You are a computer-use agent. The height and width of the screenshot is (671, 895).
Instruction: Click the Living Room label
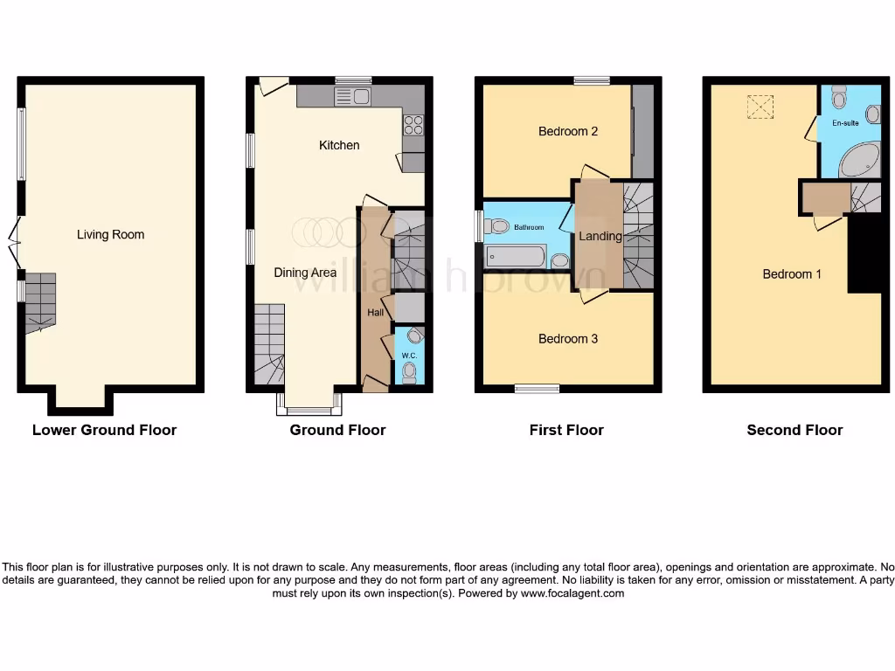[x=110, y=234]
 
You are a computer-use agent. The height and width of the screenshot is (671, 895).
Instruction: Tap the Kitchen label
[x=339, y=145]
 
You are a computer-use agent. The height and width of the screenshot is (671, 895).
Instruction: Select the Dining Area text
[x=305, y=273]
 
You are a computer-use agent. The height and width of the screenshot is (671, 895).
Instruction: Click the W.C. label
[x=408, y=356]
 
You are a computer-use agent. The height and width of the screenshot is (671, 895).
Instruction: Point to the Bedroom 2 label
[x=568, y=131]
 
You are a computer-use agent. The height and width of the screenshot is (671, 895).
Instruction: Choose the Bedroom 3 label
[x=568, y=338]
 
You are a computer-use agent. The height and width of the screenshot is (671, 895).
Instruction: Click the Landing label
[x=600, y=236]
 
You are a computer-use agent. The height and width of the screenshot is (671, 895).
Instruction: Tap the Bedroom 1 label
[x=792, y=273]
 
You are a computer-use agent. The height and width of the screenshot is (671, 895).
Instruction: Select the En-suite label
[x=844, y=123]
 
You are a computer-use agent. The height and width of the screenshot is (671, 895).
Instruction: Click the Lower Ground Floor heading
[x=104, y=430]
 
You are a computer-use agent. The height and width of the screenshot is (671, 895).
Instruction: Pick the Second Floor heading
[x=794, y=430]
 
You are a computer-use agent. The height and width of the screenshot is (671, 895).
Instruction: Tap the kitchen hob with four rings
[x=413, y=125]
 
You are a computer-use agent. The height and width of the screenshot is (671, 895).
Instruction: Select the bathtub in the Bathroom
[x=516, y=257]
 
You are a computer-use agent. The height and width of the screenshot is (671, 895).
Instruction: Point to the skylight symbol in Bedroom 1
[x=760, y=107]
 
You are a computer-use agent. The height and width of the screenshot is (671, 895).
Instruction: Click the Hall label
[x=375, y=312]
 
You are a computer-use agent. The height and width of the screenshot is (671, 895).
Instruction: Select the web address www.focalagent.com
[x=572, y=593]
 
